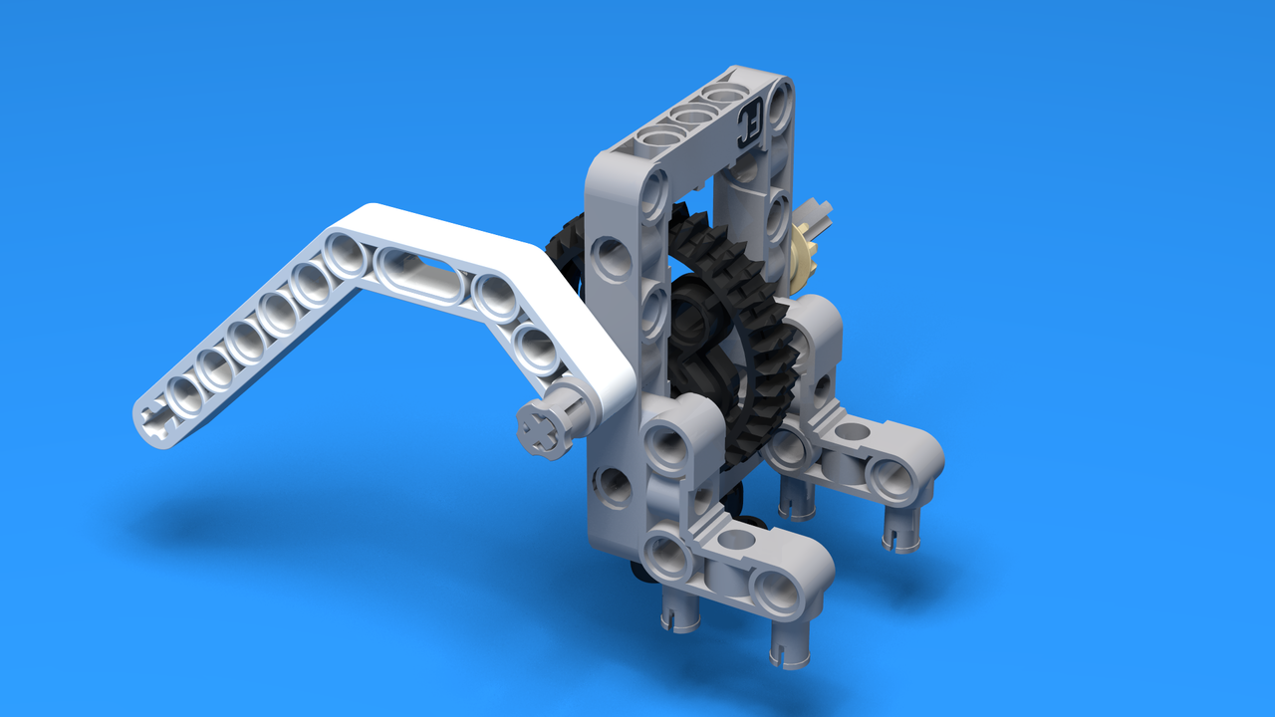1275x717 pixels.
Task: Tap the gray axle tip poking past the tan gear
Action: click(x=819, y=213)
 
